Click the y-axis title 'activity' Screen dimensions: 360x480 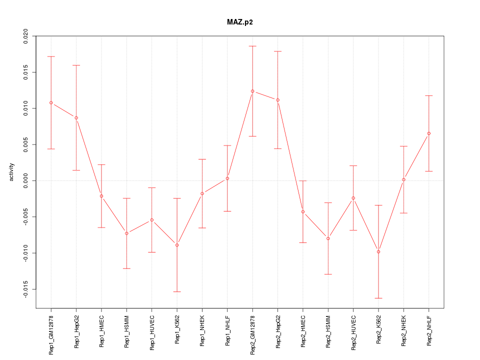point(11,172)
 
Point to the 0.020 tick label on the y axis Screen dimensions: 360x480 point(25,36)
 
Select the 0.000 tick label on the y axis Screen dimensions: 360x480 point(25,180)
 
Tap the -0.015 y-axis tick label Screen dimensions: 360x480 point(25,289)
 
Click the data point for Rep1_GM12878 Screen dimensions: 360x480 point(51,102)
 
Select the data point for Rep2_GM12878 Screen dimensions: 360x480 point(252,91)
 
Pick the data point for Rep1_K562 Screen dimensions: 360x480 point(177,245)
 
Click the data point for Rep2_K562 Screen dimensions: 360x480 point(378,251)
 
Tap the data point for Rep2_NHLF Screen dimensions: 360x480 point(429,133)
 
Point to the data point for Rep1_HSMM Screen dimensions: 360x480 point(126,233)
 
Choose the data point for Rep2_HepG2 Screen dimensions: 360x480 point(277,100)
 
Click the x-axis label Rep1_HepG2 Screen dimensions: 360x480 point(76,331)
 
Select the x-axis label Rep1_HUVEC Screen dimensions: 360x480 point(152,332)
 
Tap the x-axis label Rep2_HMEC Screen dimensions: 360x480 point(303,331)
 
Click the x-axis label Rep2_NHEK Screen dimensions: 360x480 point(404,331)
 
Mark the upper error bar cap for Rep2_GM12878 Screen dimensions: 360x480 point(252,46)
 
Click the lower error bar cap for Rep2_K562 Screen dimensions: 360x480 point(378,298)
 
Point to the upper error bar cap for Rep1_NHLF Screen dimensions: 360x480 point(227,145)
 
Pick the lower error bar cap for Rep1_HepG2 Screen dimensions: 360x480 point(76,170)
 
